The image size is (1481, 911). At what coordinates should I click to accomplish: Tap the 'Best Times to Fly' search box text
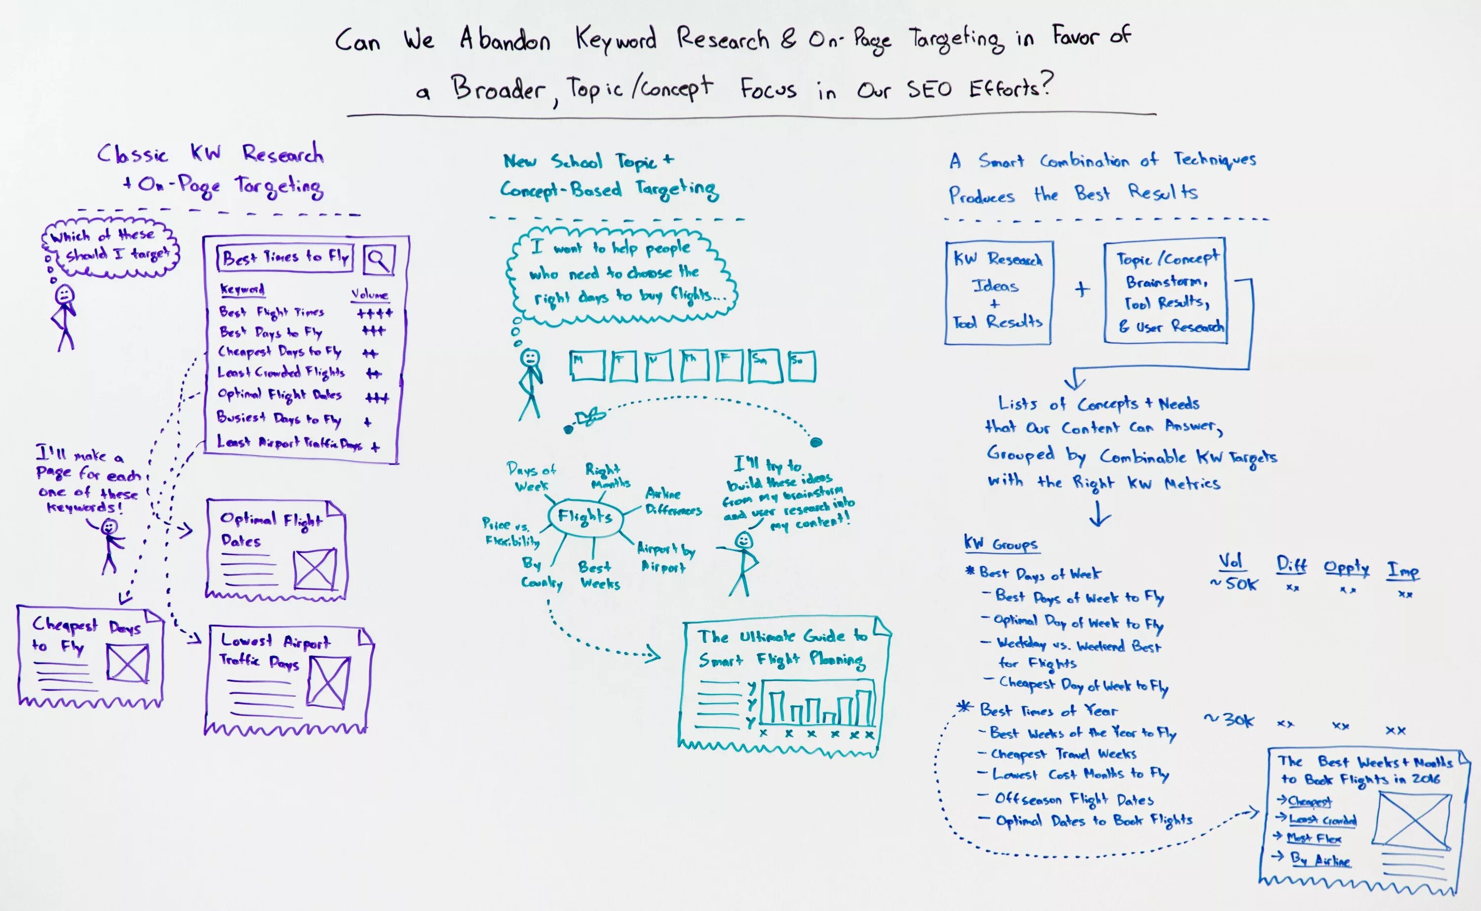[x=285, y=258]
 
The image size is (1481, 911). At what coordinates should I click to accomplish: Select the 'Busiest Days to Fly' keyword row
[x=278, y=418]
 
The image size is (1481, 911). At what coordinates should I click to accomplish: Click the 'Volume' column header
[x=369, y=295]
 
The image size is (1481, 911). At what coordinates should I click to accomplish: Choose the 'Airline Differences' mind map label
[x=672, y=501]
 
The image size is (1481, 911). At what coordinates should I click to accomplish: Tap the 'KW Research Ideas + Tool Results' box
[x=998, y=293]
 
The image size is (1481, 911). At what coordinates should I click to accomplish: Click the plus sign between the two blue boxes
[x=1082, y=289]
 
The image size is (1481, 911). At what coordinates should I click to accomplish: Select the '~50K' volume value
[x=1234, y=584]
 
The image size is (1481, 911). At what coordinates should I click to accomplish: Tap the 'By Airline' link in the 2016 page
[x=1320, y=860]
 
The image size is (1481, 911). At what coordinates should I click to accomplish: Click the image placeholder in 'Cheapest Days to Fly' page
[x=128, y=663]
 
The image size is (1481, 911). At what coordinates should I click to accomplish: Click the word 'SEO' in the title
[x=930, y=90]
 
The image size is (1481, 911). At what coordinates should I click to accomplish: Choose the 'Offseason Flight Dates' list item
[x=1074, y=799]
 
